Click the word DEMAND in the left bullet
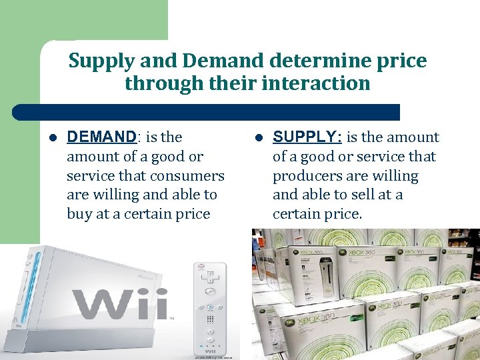[x=101, y=137]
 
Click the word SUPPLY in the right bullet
[x=307, y=137]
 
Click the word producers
[x=307, y=175]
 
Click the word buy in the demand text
[x=79, y=214]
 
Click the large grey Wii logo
[x=120, y=304]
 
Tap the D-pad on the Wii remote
[x=210, y=274]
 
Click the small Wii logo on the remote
[x=210, y=351]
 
